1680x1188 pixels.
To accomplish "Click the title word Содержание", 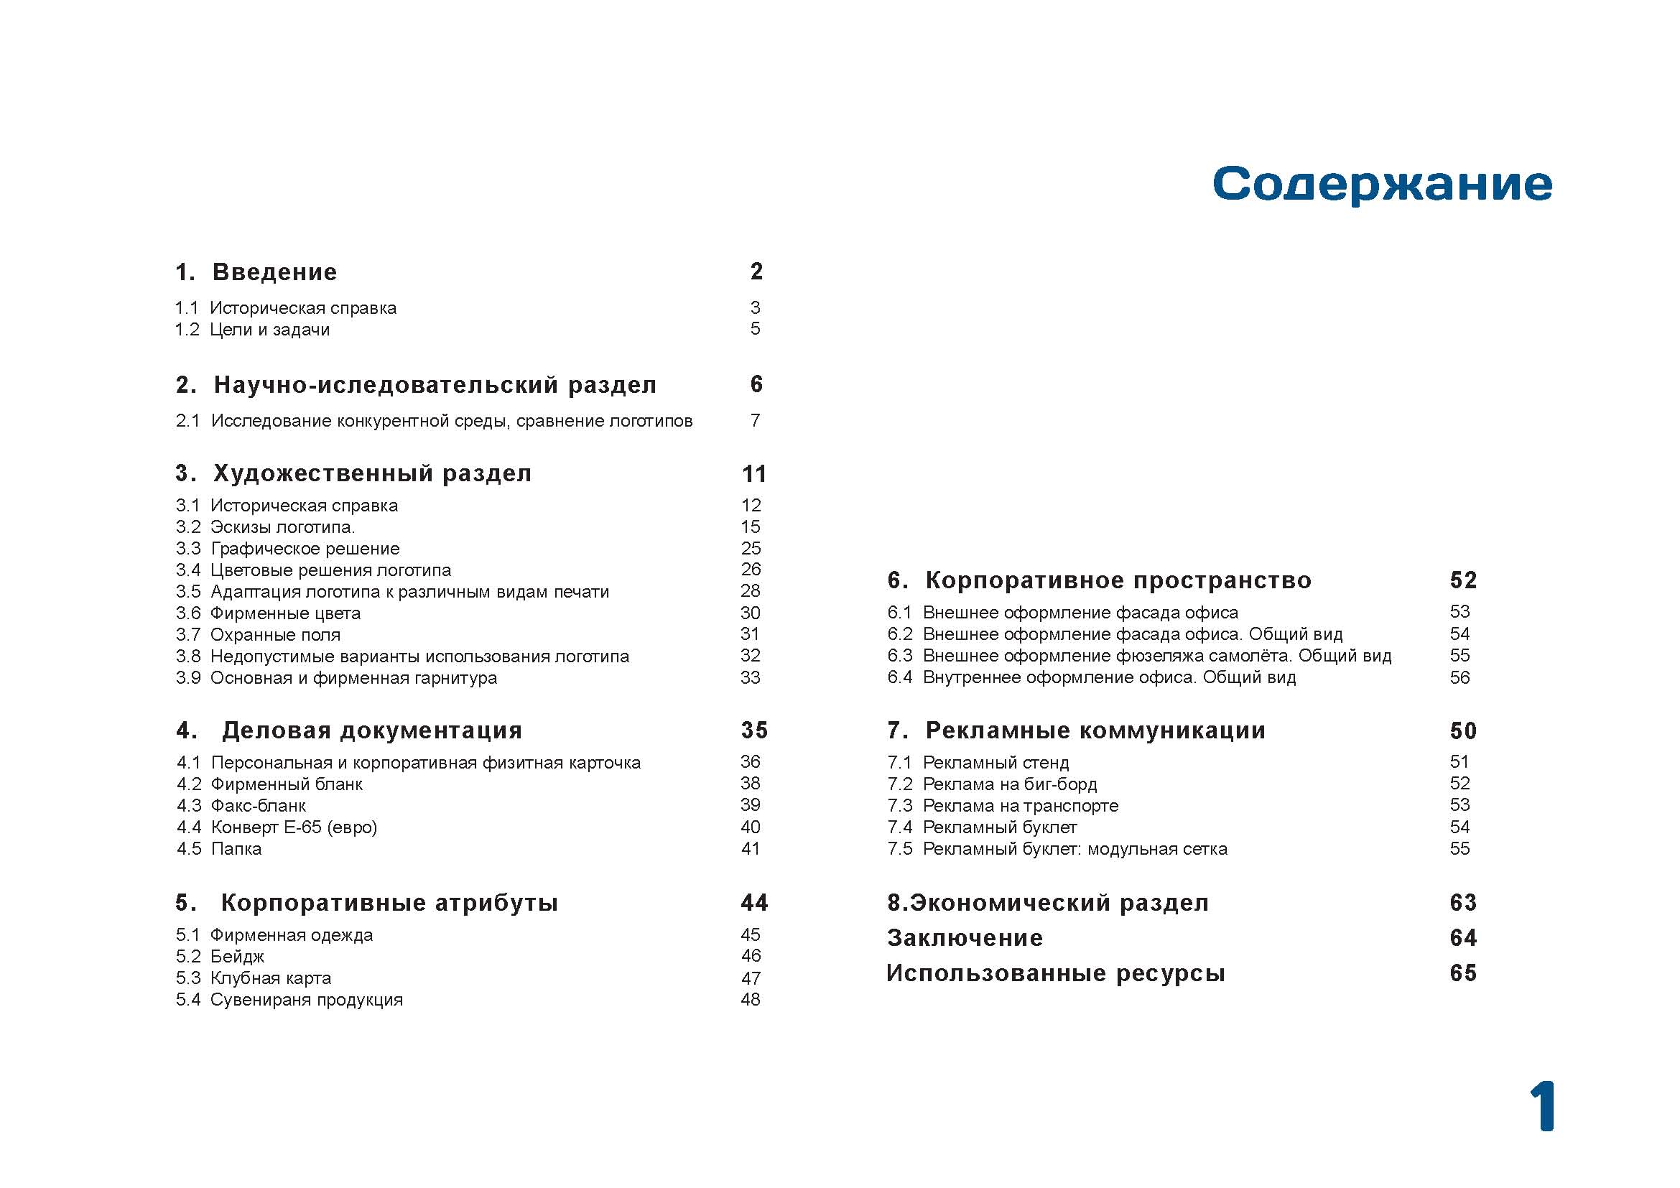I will (1381, 184).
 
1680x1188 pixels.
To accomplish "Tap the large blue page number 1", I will (1541, 1107).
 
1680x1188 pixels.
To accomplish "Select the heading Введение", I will (274, 272).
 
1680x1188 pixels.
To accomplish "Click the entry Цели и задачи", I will (269, 330).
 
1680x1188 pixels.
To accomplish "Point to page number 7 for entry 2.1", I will (755, 421).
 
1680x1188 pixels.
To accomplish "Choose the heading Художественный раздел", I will (372, 474).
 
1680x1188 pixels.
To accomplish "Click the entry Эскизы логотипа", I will (282, 527).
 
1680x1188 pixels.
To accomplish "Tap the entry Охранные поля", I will (275, 635).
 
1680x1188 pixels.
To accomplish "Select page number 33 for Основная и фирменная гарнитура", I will (750, 678).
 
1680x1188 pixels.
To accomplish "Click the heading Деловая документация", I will (372, 730).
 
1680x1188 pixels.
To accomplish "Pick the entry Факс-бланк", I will (259, 806).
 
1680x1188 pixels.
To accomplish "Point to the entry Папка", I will (236, 849).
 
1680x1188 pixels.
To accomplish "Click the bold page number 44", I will (753, 903).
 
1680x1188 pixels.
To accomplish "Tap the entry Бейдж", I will (237, 957).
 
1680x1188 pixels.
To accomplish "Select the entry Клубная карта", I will (271, 979).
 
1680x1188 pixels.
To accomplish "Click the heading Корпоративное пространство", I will (1118, 581).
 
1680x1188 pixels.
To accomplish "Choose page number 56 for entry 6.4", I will (1459, 678).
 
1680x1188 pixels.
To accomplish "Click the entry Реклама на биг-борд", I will (1010, 785).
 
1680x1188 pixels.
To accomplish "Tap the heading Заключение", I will (965, 939).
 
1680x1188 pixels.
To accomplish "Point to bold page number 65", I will (1462, 974).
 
